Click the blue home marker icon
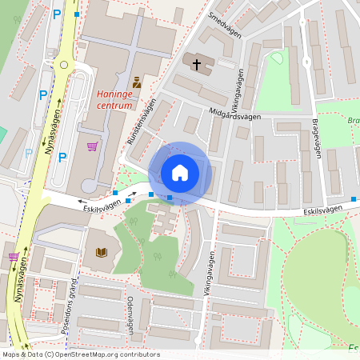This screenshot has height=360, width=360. point(180,172)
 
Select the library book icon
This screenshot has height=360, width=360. point(102,253)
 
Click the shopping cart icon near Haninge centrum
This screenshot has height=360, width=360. point(92,146)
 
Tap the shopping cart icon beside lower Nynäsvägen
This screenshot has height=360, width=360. point(14,257)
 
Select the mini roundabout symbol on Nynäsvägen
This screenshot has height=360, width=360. point(63,64)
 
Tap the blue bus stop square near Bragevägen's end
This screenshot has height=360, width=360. point(354,198)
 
